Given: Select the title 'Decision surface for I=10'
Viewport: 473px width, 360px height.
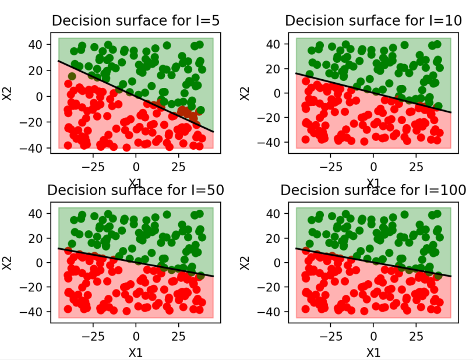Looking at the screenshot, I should pyautogui.click(x=373, y=20).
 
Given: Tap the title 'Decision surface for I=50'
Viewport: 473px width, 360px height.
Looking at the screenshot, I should pyautogui.click(x=136, y=190).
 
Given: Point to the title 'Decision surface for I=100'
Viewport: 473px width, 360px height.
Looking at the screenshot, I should pyautogui.click(x=373, y=190).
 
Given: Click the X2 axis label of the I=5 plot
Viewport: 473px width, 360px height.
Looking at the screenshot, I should pyautogui.click(x=8, y=93).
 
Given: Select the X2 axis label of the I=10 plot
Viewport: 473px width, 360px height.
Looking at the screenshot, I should pyautogui.click(x=246, y=93).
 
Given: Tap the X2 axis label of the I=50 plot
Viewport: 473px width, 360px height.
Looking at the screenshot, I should pyautogui.click(x=8, y=262).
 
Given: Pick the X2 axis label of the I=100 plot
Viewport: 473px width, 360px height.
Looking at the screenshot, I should pyautogui.click(x=246, y=262).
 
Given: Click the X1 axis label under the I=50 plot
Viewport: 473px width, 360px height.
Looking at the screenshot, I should pyautogui.click(x=136, y=352).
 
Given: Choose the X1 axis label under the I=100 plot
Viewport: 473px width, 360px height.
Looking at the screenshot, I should pyautogui.click(x=373, y=352).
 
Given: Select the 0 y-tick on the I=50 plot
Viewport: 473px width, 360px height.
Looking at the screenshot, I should pyautogui.click(x=45, y=262).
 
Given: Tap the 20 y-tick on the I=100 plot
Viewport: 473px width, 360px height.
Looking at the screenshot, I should pyautogui.click(x=279, y=238).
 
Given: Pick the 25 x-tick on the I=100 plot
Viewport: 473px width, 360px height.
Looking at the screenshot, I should pyautogui.click(x=416, y=336).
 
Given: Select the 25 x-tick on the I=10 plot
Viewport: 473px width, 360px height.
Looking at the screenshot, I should pyautogui.click(x=416, y=166).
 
